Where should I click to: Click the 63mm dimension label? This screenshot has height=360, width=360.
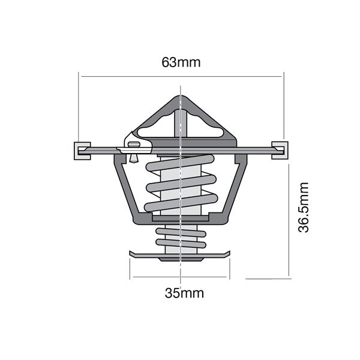click(x=181, y=62)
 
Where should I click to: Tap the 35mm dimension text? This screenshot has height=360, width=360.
click(x=184, y=293)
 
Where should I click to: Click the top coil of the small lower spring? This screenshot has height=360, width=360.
click(x=180, y=232)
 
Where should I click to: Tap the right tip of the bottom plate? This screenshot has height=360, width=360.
click(x=229, y=254)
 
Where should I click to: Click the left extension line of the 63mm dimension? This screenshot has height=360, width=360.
click(x=79, y=108)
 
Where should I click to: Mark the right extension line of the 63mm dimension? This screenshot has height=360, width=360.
click(x=283, y=108)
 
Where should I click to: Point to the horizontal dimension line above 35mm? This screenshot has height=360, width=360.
click(x=181, y=277)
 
